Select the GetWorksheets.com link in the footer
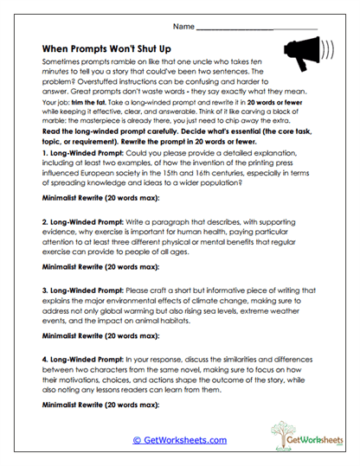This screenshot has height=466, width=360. [x=179, y=440]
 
